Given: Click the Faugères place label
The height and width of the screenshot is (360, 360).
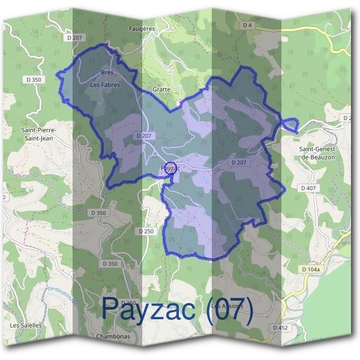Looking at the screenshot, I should coord(142,28).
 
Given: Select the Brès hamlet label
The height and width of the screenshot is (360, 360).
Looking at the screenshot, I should coord(107,73).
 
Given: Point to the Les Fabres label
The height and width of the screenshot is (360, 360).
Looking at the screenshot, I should coord(105,85).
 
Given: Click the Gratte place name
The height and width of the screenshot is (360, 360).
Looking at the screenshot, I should coord(161,89).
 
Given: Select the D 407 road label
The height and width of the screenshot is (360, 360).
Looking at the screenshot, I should coord(307,188).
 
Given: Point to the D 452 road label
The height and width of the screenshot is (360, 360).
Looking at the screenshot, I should coord(280,328).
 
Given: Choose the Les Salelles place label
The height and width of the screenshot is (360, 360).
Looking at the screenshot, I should coord(26,325).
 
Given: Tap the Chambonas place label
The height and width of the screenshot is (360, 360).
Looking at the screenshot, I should coord(113,337).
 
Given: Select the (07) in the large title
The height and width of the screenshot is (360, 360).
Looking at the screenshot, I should coord(229,308).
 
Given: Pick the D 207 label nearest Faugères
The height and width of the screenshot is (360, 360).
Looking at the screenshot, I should coord(74,37).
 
